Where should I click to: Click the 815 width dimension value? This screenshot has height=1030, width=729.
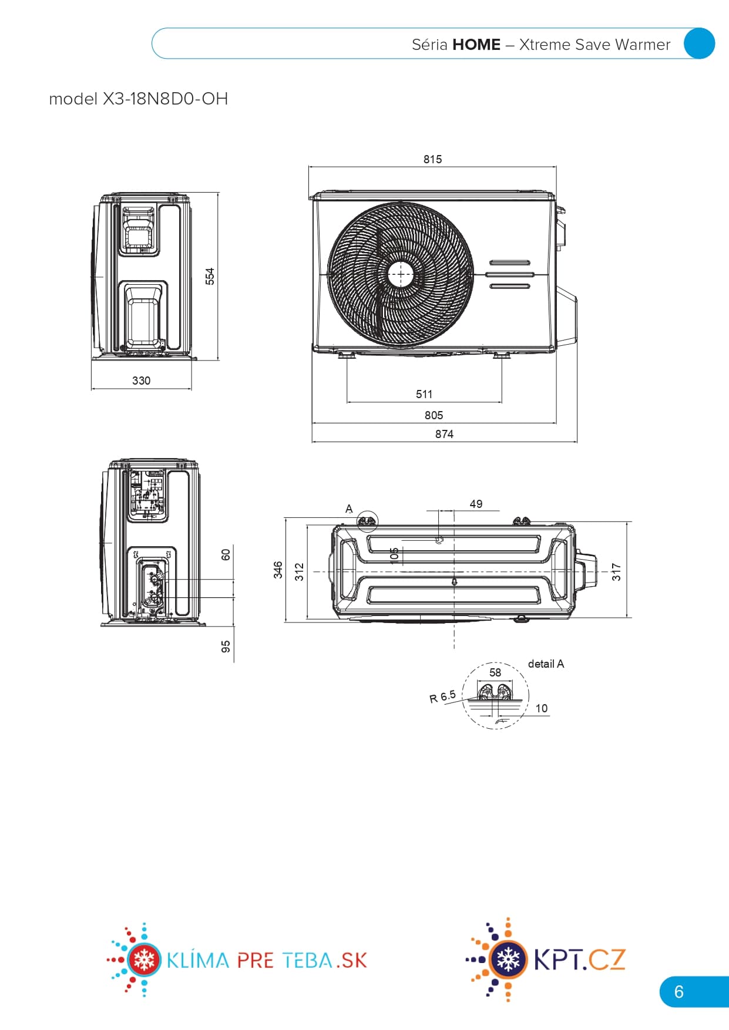point(432,159)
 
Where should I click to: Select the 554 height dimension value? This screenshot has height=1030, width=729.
point(210,276)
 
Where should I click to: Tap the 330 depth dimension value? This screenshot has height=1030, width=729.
point(141,381)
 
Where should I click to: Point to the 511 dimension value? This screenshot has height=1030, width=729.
point(424,394)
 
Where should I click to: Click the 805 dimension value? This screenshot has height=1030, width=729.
point(434,415)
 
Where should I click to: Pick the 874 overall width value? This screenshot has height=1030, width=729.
point(444,434)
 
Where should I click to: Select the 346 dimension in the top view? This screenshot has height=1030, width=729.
point(278,570)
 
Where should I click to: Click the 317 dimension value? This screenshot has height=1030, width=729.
point(616,571)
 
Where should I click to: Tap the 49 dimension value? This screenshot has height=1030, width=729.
point(476,504)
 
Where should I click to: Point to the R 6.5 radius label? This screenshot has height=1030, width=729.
point(442,696)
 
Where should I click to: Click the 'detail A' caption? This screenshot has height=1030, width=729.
point(546,664)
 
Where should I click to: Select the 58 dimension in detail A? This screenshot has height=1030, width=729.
point(495,672)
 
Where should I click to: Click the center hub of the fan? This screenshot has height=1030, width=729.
point(401,274)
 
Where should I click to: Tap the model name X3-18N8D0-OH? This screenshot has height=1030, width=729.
point(165,99)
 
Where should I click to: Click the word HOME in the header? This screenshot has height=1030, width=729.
point(476,45)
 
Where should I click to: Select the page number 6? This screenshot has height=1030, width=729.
point(679,992)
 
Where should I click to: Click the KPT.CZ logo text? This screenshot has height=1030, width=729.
point(579,960)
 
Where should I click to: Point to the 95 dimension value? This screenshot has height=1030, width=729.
point(226,647)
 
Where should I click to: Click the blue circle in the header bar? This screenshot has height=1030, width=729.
point(699,43)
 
